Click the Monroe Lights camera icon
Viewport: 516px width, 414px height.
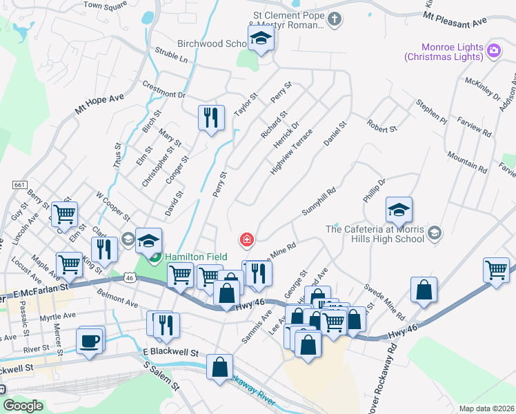click(x=493, y=50)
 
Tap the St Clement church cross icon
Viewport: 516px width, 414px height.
click(x=334, y=19)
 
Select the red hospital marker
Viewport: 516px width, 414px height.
click(x=246, y=240)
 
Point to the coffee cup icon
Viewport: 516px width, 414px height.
click(x=91, y=340)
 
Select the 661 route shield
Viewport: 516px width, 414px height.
click(x=19, y=184)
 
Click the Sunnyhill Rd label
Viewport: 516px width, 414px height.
click(x=318, y=201)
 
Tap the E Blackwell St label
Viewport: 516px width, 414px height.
click(x=171, y=353)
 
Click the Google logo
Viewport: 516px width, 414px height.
click(x=23, y=406)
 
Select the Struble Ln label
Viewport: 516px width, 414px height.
click(x=171, y=56)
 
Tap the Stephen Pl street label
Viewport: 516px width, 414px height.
click(x=431, y=112)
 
